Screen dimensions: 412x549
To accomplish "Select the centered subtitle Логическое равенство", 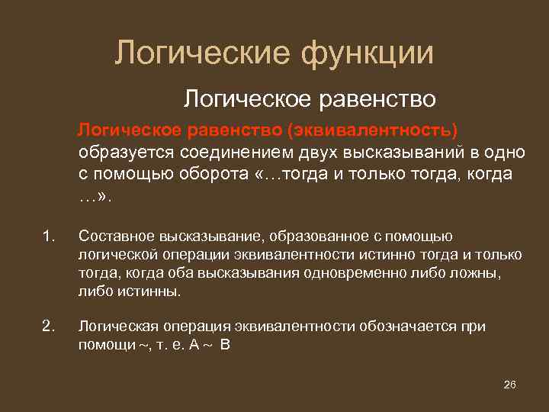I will point(310,98).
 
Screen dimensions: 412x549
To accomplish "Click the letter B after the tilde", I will point(224,345).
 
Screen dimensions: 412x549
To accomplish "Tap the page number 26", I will point(510,384).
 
